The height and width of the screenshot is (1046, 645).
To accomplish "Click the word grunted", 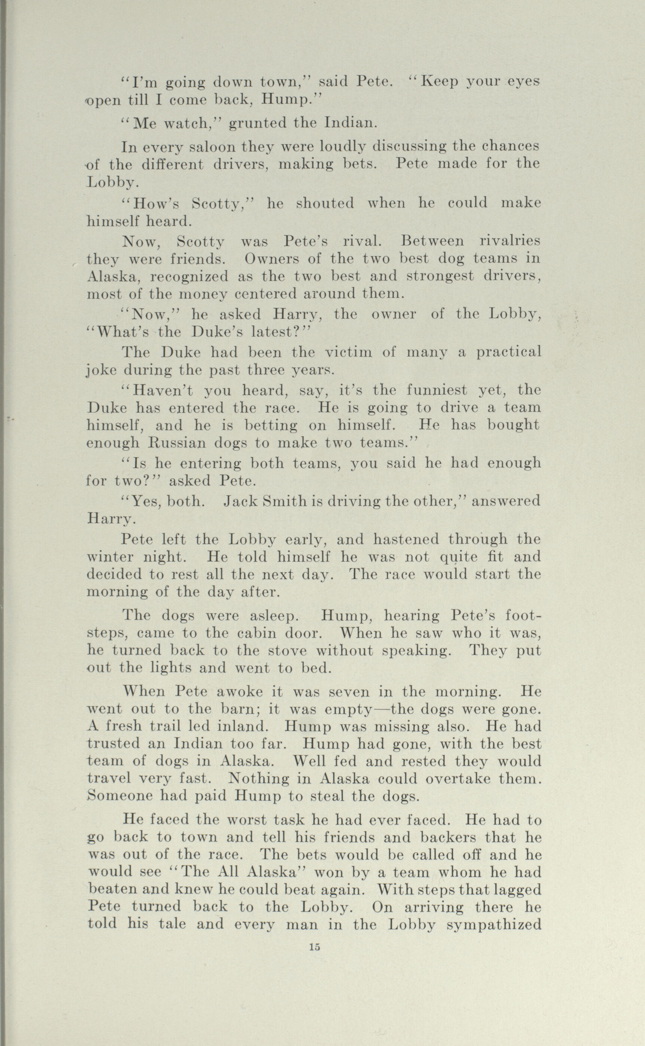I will coord(257,124).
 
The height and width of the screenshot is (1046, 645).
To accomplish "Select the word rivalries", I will coord(510,241).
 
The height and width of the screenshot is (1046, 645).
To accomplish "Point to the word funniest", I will coord(437,390).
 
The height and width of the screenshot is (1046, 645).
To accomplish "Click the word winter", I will coord(104,557).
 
